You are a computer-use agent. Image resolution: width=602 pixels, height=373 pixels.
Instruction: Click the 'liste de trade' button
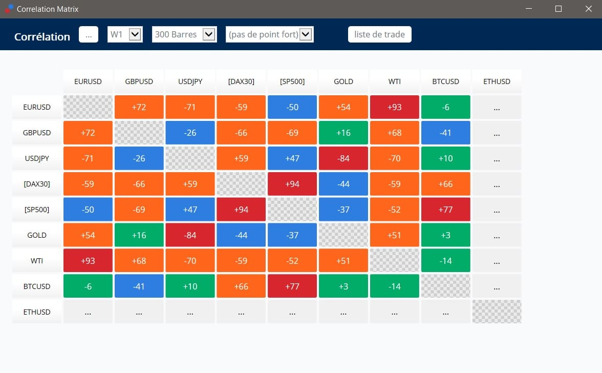pos(380,34)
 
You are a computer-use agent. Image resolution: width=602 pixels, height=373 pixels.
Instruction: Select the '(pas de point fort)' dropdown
pos(269,34)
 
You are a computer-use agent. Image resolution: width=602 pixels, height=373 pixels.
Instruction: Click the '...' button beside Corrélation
pos(89,34)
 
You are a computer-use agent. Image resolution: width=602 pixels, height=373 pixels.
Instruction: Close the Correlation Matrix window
pos(589,9)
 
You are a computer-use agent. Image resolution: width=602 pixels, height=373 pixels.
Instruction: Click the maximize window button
pos(558,9)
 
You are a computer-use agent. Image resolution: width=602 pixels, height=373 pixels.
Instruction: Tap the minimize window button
pos(529,9)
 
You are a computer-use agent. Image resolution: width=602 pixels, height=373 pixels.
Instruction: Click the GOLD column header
pos(343,81)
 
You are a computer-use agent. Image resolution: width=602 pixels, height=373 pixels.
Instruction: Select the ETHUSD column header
pos(497,81)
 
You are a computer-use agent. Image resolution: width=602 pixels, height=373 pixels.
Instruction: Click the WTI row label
pos(37,261)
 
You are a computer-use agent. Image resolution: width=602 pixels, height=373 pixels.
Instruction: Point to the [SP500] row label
pos(37,210)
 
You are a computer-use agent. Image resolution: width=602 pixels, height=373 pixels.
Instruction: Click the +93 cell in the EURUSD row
pos(395,107)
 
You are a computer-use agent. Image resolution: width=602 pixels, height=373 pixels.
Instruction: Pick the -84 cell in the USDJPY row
pos(343,158)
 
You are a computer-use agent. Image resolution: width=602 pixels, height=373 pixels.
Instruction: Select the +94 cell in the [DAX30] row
pos(292,184)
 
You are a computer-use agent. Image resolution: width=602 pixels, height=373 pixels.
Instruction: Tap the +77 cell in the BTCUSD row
pos(292,286)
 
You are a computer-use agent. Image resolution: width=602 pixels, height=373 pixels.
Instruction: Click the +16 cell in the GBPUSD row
pos(343,133)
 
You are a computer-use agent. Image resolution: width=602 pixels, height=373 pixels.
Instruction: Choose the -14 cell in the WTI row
pos(446,261)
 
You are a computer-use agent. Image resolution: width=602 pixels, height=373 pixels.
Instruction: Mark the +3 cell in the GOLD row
pos(446,235)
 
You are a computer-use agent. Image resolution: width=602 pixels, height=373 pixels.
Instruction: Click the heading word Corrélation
pos(42,36)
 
